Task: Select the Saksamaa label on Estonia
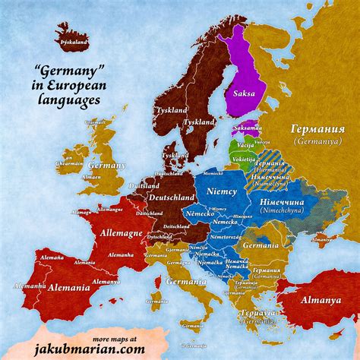click(247, 128)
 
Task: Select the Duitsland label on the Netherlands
click(144, 186)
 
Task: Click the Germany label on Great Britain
click(106, 165)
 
